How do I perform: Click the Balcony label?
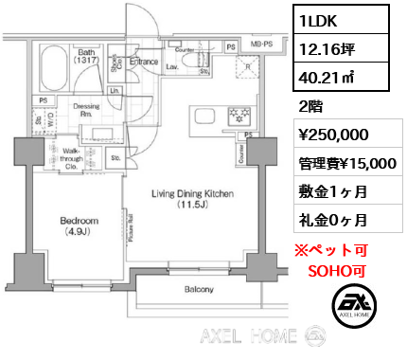[199, 289]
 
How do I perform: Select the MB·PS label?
[261, 44]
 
